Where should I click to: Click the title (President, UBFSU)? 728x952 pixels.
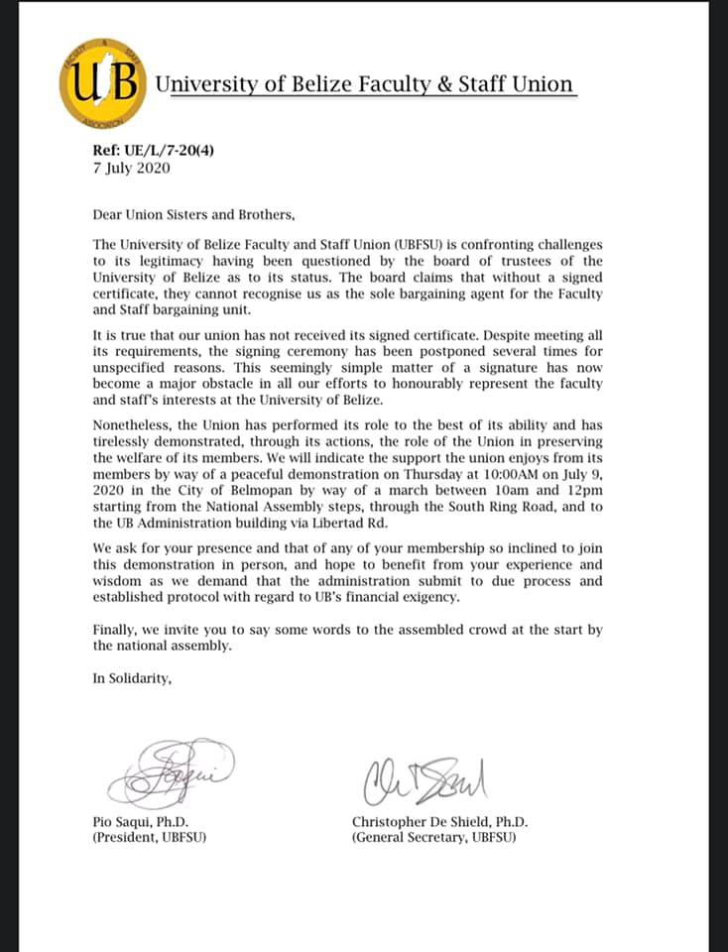click(x=150, y=838)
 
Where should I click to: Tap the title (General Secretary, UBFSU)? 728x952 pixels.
click(x=434, y=838)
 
